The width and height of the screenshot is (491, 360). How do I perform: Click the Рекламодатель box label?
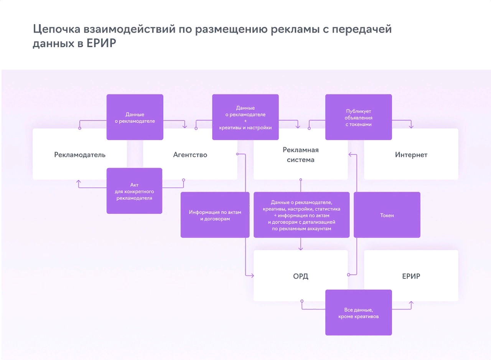point(80,155)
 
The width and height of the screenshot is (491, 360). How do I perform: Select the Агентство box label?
point(190,155)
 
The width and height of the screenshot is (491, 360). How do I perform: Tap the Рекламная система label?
point(301,155)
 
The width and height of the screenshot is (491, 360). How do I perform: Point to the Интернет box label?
point(411,155)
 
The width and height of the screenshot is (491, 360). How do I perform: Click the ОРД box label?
point(301,276)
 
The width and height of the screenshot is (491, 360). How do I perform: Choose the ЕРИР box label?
point(411,276)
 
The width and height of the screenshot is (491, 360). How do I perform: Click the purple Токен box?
point(387,215)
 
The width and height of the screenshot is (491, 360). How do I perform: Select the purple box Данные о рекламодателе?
point(135,117)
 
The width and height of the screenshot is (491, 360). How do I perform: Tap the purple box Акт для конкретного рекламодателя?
point(134,191)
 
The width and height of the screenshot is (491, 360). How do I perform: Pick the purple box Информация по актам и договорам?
point(215,215)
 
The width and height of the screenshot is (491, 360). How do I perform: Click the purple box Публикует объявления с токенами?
point(358,117)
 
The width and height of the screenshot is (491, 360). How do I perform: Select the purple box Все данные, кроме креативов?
point(358,313)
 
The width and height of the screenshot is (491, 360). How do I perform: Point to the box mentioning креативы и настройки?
point(245,117)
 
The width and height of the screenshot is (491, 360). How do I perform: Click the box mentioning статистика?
point(302,215)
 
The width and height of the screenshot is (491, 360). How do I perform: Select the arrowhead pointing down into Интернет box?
point(411,126)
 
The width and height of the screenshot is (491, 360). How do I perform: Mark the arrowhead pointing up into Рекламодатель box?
point(79,182)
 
